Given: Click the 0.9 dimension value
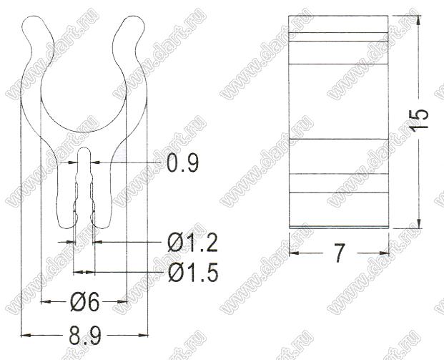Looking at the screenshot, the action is point(182,162).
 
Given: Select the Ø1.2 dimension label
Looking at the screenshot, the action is point(192,243).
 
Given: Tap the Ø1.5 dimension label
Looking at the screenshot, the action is point(193,273).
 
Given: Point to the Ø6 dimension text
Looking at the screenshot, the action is point(84,301).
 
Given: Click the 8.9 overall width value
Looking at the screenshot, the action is point(84,336).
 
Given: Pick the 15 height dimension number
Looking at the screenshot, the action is point(420,119).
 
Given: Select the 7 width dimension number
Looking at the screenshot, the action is point(339,253).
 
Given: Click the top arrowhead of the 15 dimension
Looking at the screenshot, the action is point(419,21).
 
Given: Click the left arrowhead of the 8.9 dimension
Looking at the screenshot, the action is point(26,336).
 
